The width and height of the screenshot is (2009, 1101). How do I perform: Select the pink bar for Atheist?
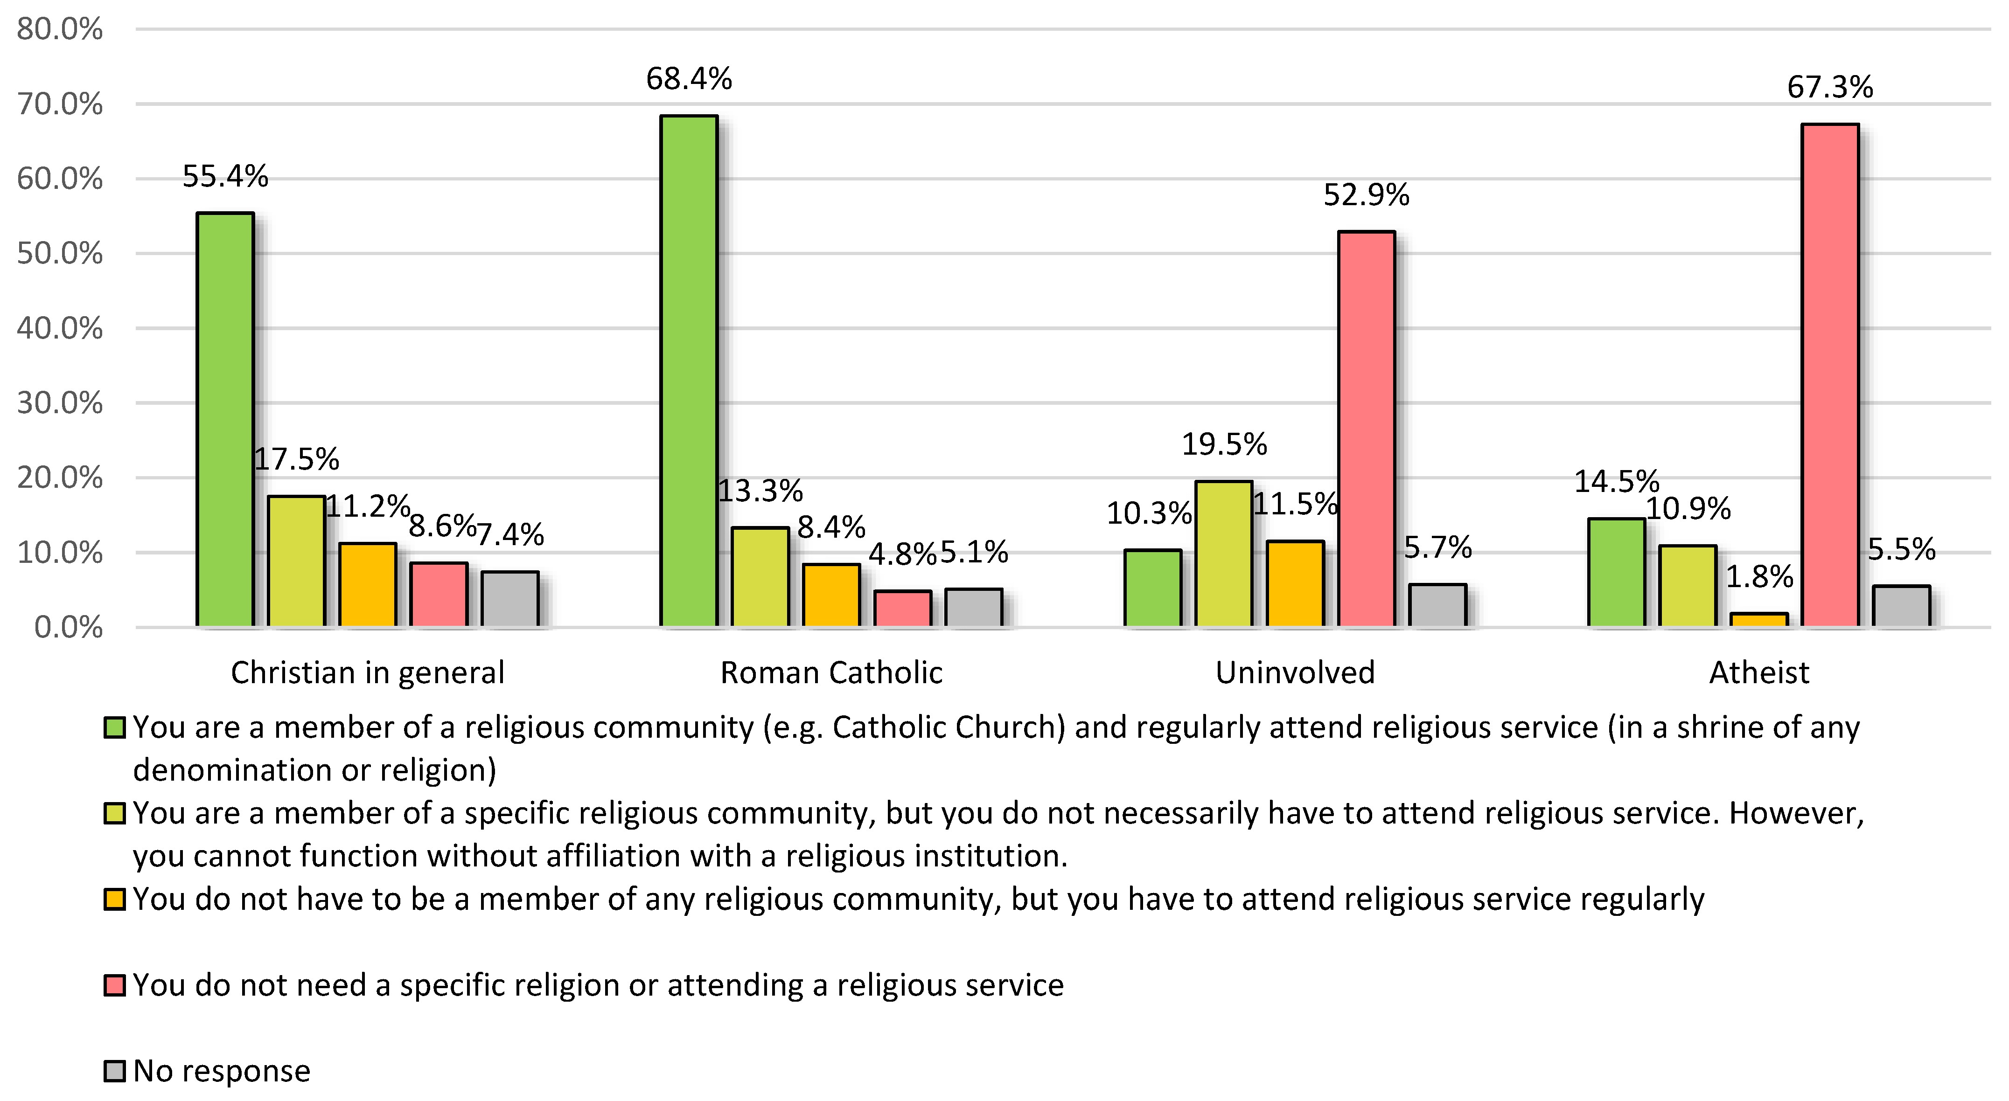coord(1830,375)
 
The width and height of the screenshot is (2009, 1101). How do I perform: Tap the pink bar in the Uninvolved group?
coord(1367,429)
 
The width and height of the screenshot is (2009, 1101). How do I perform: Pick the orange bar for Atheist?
coord(1758,620)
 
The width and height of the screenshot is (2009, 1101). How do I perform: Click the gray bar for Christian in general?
coord(510,599)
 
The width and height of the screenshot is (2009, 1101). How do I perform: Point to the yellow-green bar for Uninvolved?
coord(1224,554)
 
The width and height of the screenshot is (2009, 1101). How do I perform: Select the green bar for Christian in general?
coord(225,420)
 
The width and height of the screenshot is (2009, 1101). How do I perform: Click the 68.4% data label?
coord(689,79)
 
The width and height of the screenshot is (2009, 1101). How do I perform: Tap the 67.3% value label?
coord(1830,87)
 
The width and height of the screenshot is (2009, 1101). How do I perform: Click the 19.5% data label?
coord(1224,444)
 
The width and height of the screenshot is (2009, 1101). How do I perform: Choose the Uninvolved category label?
coord(1295,672)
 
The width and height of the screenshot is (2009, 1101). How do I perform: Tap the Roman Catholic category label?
coord(831,672)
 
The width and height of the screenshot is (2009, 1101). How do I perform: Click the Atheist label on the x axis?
coord(1758,672)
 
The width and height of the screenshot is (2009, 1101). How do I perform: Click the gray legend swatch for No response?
coord(115,1071)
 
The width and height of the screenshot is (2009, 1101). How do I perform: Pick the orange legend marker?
coord(115,899)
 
